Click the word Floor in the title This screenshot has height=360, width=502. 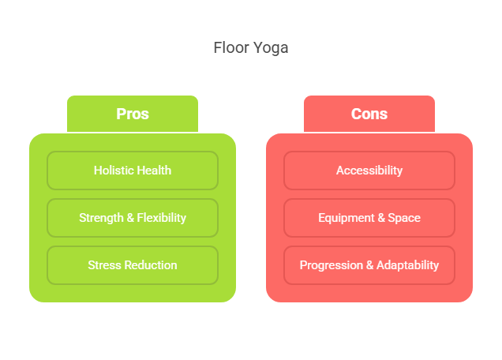click(231, 47)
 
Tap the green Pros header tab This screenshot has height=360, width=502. click(133, 114)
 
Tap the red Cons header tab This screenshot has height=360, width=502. click(369, 114)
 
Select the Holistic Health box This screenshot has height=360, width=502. click(133, 171)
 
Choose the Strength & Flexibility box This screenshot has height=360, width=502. click(133, 218)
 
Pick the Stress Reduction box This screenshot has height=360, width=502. click(133, 265)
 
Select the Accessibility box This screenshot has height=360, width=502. click(369, 171)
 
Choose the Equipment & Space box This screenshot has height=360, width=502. click(369, 218)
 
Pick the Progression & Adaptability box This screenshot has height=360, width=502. click(369, 265)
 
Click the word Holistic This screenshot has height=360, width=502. click(112, 171)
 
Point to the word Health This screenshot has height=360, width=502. click(152, 171)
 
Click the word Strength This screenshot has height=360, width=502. click(101, 218)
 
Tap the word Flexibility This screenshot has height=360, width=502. click(161, 218)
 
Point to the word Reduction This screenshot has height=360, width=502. click(151, 265)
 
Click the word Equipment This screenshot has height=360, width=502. click(346, 218)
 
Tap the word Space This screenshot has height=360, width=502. click(404, 218)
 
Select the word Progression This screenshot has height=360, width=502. click(331, 265)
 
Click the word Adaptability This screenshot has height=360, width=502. click(407, 265)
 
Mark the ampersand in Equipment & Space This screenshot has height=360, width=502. click(381, 218)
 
